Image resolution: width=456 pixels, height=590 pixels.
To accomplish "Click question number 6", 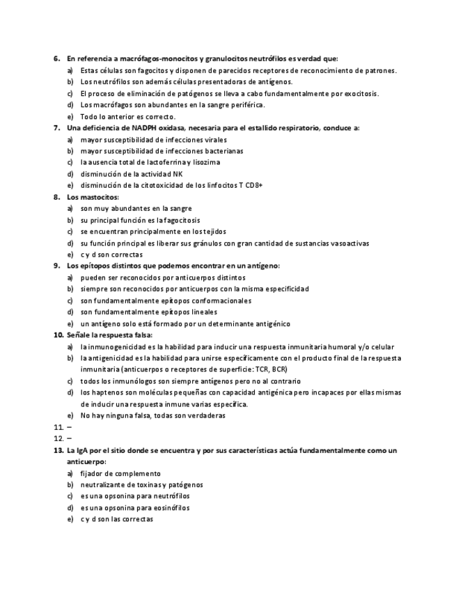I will coord(56,58).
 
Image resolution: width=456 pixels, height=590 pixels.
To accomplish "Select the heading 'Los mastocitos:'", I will coord(93,197).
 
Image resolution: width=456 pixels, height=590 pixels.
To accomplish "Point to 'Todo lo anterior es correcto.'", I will coord(127,117).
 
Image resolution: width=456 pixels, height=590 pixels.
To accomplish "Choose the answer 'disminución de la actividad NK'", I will coord(132,174).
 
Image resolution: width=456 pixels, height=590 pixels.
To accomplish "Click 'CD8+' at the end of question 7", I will coord(253,185).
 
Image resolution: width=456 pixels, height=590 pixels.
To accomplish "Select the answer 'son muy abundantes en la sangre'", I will coord(136,208).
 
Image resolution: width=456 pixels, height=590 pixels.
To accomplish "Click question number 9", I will coord(56,266).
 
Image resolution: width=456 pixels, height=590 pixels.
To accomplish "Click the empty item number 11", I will coord(58,426).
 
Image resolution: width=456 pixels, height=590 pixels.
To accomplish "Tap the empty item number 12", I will coord(58,438).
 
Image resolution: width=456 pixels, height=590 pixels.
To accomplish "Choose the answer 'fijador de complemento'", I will coord(120,473).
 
